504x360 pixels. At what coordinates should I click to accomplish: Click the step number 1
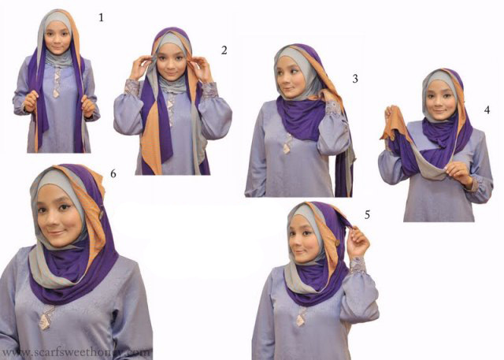point(101,16)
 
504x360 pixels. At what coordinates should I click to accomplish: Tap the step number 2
point(224,50)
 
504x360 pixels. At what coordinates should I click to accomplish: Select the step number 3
point(355,78)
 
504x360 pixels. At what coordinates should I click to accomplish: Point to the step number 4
point(487,109)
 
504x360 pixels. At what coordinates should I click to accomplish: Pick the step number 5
point(367,213)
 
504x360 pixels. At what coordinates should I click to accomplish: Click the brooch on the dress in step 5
point(302,316)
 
